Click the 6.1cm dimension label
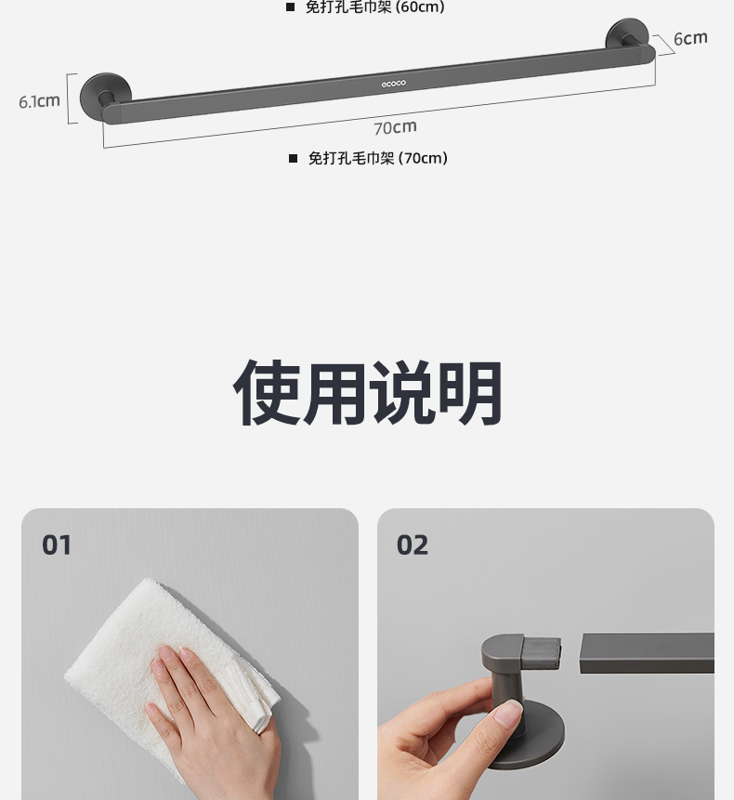click(x=39, y=101)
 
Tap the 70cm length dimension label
click(x=395, y=127)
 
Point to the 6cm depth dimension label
click(x=690, y=38)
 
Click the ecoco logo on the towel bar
click(x=394, y=84)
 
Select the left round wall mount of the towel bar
click(x=105, y=96)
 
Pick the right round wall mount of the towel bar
click(x=627, y=34)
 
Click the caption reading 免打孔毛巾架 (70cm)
click(x=378, y=158)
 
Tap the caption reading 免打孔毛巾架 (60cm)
click(x=375, y=7)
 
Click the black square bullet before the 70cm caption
click(x=293, y=159)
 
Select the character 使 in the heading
click(x=267, y=392)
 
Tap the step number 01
click(x=57, y=544)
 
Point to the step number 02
click(x=413, y=544)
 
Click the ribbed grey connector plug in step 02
click(x=541, y=652)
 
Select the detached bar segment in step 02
click(x=647, y=653)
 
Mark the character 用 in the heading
click(x=334, y=392)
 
